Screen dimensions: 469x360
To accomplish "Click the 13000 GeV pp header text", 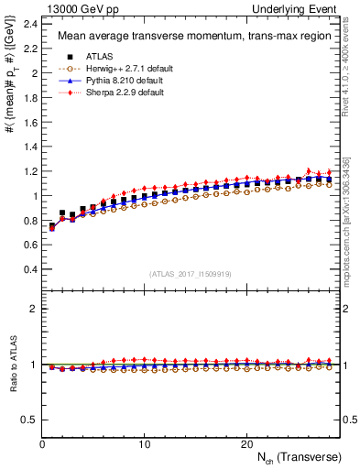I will click(73, 8).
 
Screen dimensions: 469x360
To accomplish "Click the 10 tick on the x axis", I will click(145, 444).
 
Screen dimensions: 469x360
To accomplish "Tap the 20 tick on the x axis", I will click(246, 444).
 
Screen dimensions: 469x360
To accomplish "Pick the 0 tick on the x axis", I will click(42, 444).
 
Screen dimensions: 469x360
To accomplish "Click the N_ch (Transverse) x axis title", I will click(294, 457).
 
